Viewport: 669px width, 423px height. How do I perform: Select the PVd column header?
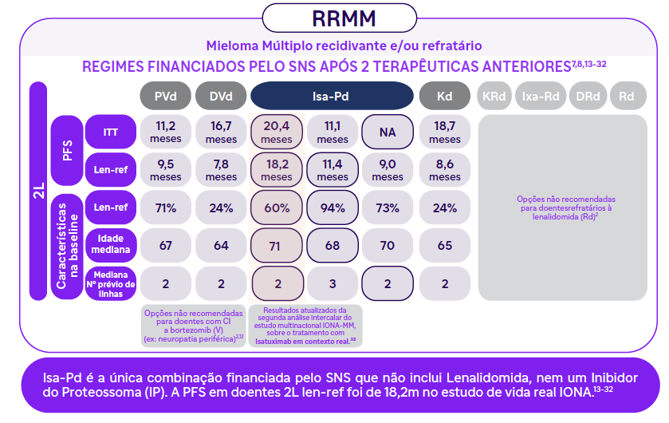(x=165, y=96)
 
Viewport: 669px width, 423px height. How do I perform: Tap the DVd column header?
(x=221, y=96)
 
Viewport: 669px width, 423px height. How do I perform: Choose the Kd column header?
(x=444, y=96)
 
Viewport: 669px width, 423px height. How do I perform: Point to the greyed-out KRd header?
(x=494, y=96)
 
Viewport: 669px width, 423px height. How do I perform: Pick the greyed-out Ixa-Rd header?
(x=540, y=96)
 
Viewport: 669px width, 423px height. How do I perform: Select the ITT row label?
(x=112, y=132)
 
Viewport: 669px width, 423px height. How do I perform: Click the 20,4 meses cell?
(x=277, y=132)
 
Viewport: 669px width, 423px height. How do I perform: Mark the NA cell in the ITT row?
(x=388, y=132)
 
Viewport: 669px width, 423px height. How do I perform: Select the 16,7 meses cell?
(x=221, y=132)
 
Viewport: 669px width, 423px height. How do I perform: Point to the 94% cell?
(x=333, y=208)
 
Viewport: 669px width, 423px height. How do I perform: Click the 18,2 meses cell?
(x=277, y=170)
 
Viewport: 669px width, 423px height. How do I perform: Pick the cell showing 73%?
(x=388, y=208)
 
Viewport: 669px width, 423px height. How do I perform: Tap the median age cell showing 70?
(x=388, y=245)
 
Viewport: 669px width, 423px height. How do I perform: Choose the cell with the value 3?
(x=333, y=283)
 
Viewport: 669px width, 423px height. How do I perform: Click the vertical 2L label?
(x=38, y=192)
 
